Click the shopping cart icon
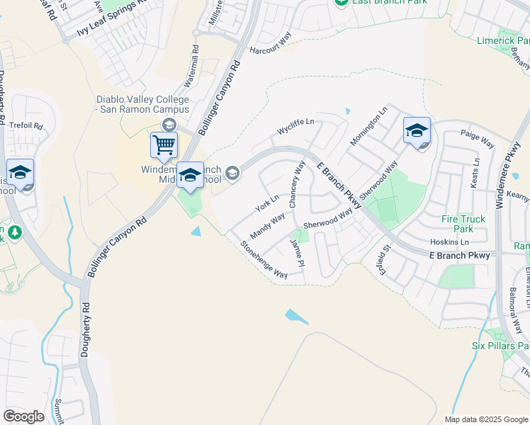164,145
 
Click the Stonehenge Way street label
264,260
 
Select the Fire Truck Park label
463,224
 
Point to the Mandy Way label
267,227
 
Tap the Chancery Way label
297,183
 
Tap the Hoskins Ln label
449,242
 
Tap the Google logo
23,416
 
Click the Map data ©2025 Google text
485,419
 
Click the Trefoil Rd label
26,126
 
